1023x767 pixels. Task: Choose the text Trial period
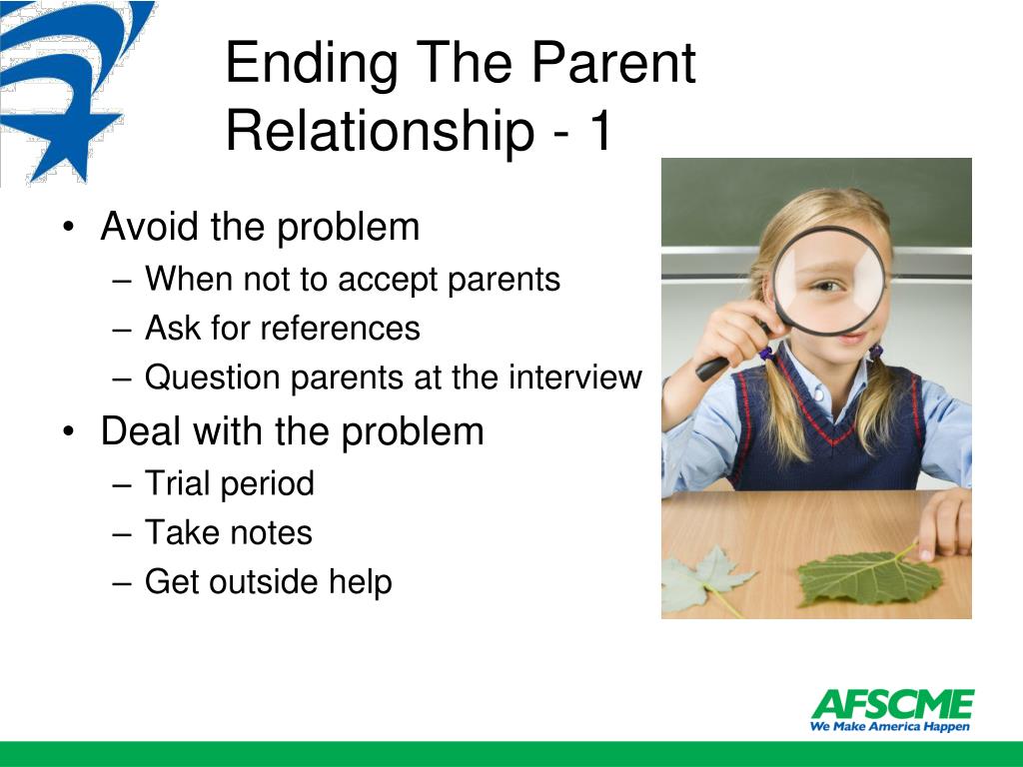click(x=230, y=484)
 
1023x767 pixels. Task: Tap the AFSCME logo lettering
click(x=892, y=704)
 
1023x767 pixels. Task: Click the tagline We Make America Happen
click(x=890, y=727)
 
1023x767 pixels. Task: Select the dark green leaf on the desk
click(x=869, y=577)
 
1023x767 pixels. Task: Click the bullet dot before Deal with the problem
click(x=69, y=431)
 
